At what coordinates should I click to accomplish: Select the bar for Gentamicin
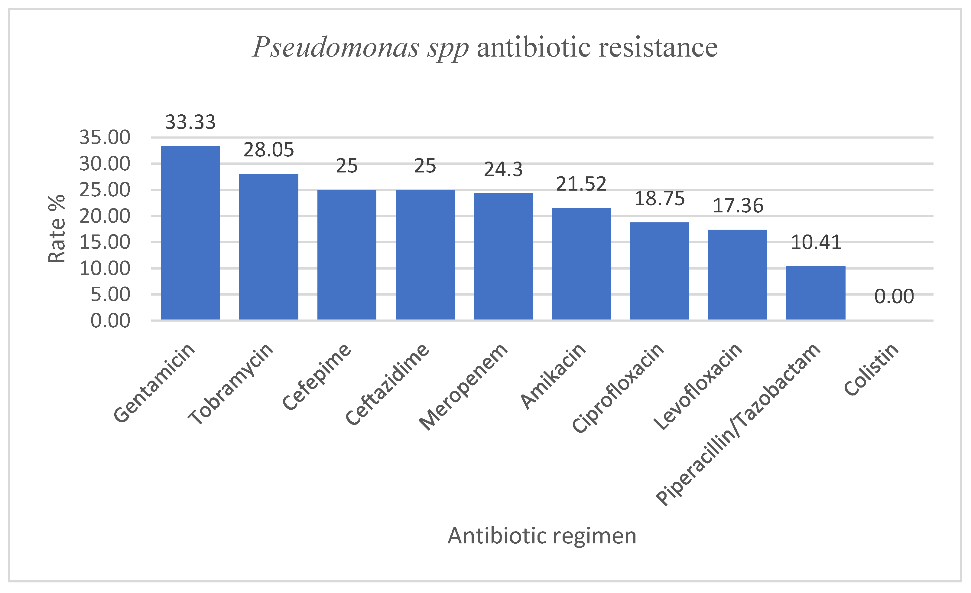(x=190, y=233)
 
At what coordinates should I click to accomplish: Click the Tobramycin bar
(x=268, y=246)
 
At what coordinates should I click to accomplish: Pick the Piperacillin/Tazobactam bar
(x=815, y=293)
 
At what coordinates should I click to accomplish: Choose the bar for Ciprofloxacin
(x=659, y=271)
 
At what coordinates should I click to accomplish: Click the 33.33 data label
(x=190, y=122)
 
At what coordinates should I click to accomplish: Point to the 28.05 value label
(x=268, y=150)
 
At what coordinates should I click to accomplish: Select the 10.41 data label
(x=816, y=242)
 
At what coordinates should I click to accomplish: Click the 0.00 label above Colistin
(x=894, y=296)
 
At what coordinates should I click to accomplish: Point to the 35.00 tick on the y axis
(x=104, y=137)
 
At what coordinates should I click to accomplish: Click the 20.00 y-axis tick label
(x=104, y=216)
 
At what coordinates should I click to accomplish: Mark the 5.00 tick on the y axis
(x=110, y=294)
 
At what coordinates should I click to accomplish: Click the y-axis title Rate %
(x=57, y=229)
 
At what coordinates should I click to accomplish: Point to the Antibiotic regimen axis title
(x=542, y=536)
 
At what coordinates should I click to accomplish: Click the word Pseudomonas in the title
(x=335, y=47)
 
